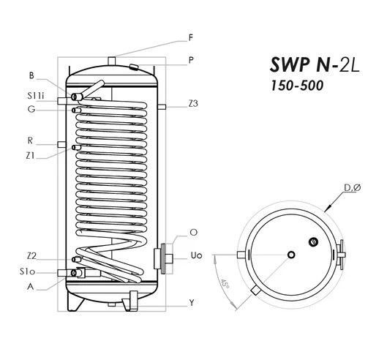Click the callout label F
[x=190, y=38]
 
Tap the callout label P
[x=191, y=60]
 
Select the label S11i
[x=36, y=96]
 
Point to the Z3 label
[x=193, y=104]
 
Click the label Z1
[x=31, y=156]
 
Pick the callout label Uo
[x=197, y=255]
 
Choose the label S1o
[x=27, y=272]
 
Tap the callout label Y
[x=192, y=302]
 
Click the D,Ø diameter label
[x=353, y=188]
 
